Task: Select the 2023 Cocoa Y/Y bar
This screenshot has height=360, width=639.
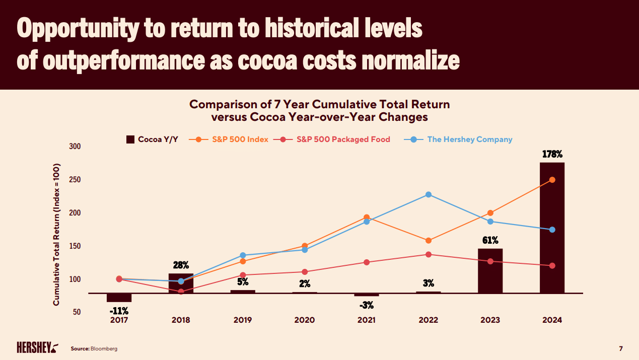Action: (490, 271)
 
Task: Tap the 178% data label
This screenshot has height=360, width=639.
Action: (552, 154)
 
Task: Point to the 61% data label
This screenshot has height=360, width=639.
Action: (490, 240)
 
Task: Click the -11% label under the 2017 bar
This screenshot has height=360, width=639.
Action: (119, 311)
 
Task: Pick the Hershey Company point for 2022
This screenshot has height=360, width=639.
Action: (429, 194)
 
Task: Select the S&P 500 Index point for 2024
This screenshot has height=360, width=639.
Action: (552, 180)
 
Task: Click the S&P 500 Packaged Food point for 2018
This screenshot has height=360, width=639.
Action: (181, 292)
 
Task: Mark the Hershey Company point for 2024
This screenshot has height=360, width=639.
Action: (552, 230)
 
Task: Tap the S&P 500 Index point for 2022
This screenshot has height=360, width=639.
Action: (429, 241)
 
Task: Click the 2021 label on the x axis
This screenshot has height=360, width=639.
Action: (366, 320)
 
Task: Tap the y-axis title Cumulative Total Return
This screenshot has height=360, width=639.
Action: (56, 234)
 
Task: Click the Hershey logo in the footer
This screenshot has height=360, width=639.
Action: (37, 348)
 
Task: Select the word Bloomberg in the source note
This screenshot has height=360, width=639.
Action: (104, 348)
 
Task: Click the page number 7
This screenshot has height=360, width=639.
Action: (620, 348)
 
